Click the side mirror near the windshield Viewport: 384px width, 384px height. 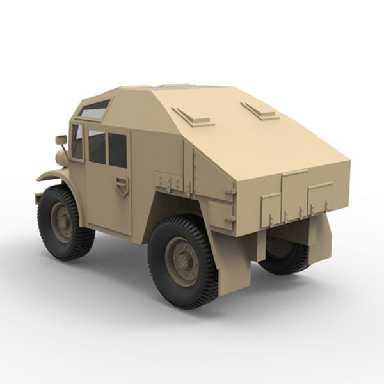pos(61,140)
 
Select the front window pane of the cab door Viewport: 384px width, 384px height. pos(97,147)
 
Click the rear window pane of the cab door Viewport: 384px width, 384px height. pos(117,150)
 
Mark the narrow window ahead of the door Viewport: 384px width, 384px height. pos(77,141)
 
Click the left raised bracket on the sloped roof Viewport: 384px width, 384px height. pos(191,116)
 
